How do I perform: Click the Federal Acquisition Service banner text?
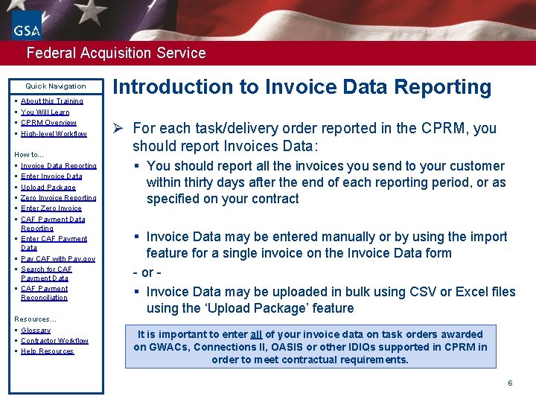pyautogui.click(x=115, y=53)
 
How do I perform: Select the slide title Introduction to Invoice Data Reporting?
pyautogui.click(x=301, y=87)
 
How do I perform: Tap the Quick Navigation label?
pyautogui.click(x=56, y=86)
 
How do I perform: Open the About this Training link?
pyautogui.click(x=51, y=101)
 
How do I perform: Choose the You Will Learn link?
pyautogui.click(x=45, y=112)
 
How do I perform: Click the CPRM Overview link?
pyautogui.click(x=48, y=123)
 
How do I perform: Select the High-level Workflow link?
pyautogui.click(x=54, y=134)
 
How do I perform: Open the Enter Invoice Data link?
pyautogui.click(x=51, y=176)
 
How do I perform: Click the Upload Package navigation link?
pyautogui.click(x=48, y=188)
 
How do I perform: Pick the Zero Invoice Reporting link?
pyautogui.click(x=58, y=198)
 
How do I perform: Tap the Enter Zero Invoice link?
pyautogui.click(x=51, y=208)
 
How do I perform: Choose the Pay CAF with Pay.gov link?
pyautogui.click(x=57, y=259)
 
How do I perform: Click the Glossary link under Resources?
pyautogui.click(x=36, y=331)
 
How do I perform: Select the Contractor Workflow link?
pyautogui.click(x=54, y=341)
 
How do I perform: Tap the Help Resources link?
pyautogui.click(x=47, y=351)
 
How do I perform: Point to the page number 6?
pyautogui.click(x=510, y=383)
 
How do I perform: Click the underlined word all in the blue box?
pyautogui.click(x=255, y=335)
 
